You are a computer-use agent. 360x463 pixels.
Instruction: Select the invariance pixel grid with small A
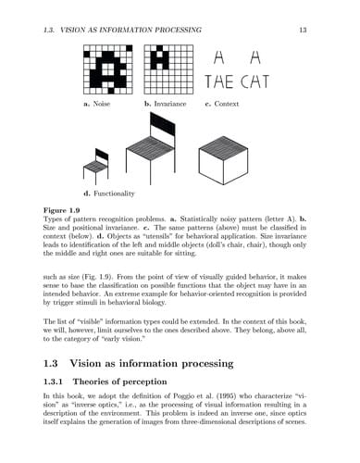[169, 69]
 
